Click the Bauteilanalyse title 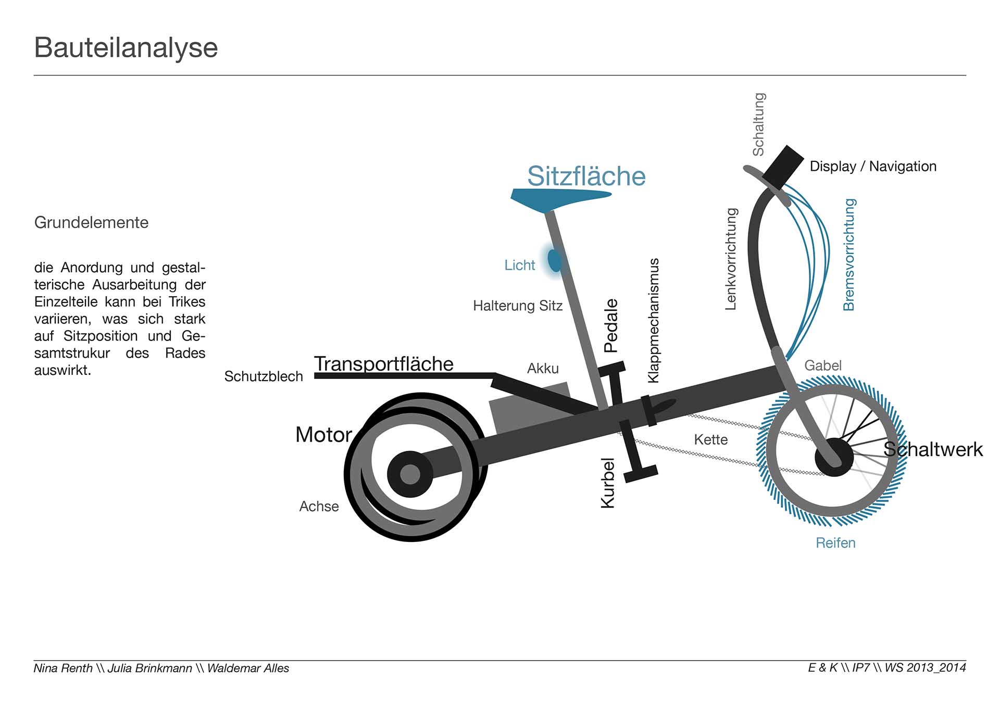click(x=126, y=48)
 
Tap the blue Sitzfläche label click(x=586, y=176)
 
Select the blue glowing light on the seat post click(x=555, y=260)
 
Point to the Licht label click(x=519, y=266)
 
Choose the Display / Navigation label click(x=873, y=167)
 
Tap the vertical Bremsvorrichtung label click(x=849, y=255)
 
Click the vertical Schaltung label click(x=758, y=124)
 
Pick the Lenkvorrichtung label click(x=731, y=259)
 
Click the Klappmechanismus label click(x=653, y=321)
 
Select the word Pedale click(x=610, y=326)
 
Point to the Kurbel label click(x=608, y=483)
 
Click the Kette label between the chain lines click(x=710, y=440)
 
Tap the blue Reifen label click(x=835, y=543)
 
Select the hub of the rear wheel click(x=410, y=474)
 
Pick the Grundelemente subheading click(x=91, y=223)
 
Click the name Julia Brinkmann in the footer click(x=150, y=668)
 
